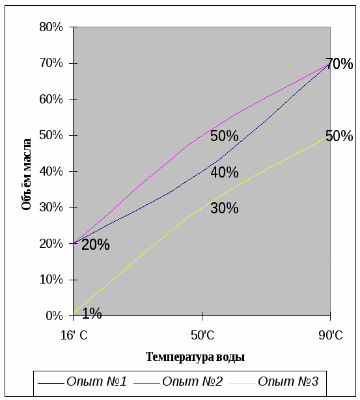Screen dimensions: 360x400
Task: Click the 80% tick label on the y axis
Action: click(51, 27)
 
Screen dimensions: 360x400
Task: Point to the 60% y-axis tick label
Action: click(51, 100)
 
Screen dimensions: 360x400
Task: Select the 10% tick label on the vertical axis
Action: click(51, 280)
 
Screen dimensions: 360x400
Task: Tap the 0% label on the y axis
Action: click(54, 316)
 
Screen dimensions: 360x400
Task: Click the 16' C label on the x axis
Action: click(74, 335)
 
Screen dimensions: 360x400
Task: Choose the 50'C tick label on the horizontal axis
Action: click(202, 335)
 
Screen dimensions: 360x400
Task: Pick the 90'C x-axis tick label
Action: click(331, 335)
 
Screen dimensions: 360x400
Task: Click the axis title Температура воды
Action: click(195, 357)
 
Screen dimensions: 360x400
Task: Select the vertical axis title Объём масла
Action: click(26, 174)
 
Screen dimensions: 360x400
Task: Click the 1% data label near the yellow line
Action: click(92, 313)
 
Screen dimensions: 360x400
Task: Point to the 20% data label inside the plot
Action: click(96, 245)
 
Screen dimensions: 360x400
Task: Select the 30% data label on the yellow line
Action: click(225, 208)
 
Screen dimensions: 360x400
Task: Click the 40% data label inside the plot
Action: click(225, 172)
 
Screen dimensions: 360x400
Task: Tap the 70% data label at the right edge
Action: click(339, 64)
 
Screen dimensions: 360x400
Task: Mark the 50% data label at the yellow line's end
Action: click(339, 136)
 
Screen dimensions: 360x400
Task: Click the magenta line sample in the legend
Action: click(147, 383)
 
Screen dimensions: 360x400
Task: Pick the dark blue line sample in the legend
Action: click(51, 383)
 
